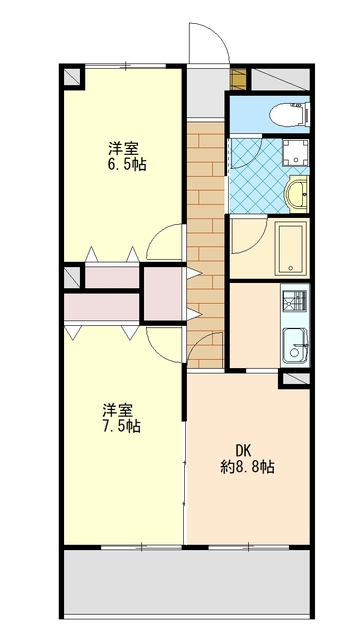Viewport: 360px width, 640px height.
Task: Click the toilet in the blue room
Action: coord(289,114)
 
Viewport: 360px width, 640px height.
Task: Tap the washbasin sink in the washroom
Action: coord(296,194)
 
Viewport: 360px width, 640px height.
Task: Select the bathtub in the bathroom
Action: coord(291,249)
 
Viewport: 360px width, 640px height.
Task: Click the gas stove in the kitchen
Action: coord(294,300)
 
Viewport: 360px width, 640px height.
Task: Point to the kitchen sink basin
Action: coord(294,346)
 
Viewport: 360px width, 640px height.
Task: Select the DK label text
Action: coord(244,450)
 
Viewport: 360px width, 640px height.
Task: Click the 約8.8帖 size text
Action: coord(248,467)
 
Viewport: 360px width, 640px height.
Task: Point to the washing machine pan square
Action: coord(295,152)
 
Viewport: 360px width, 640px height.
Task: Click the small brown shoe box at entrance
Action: coord(238,79)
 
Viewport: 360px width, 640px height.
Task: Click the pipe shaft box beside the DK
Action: coord(295,380)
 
